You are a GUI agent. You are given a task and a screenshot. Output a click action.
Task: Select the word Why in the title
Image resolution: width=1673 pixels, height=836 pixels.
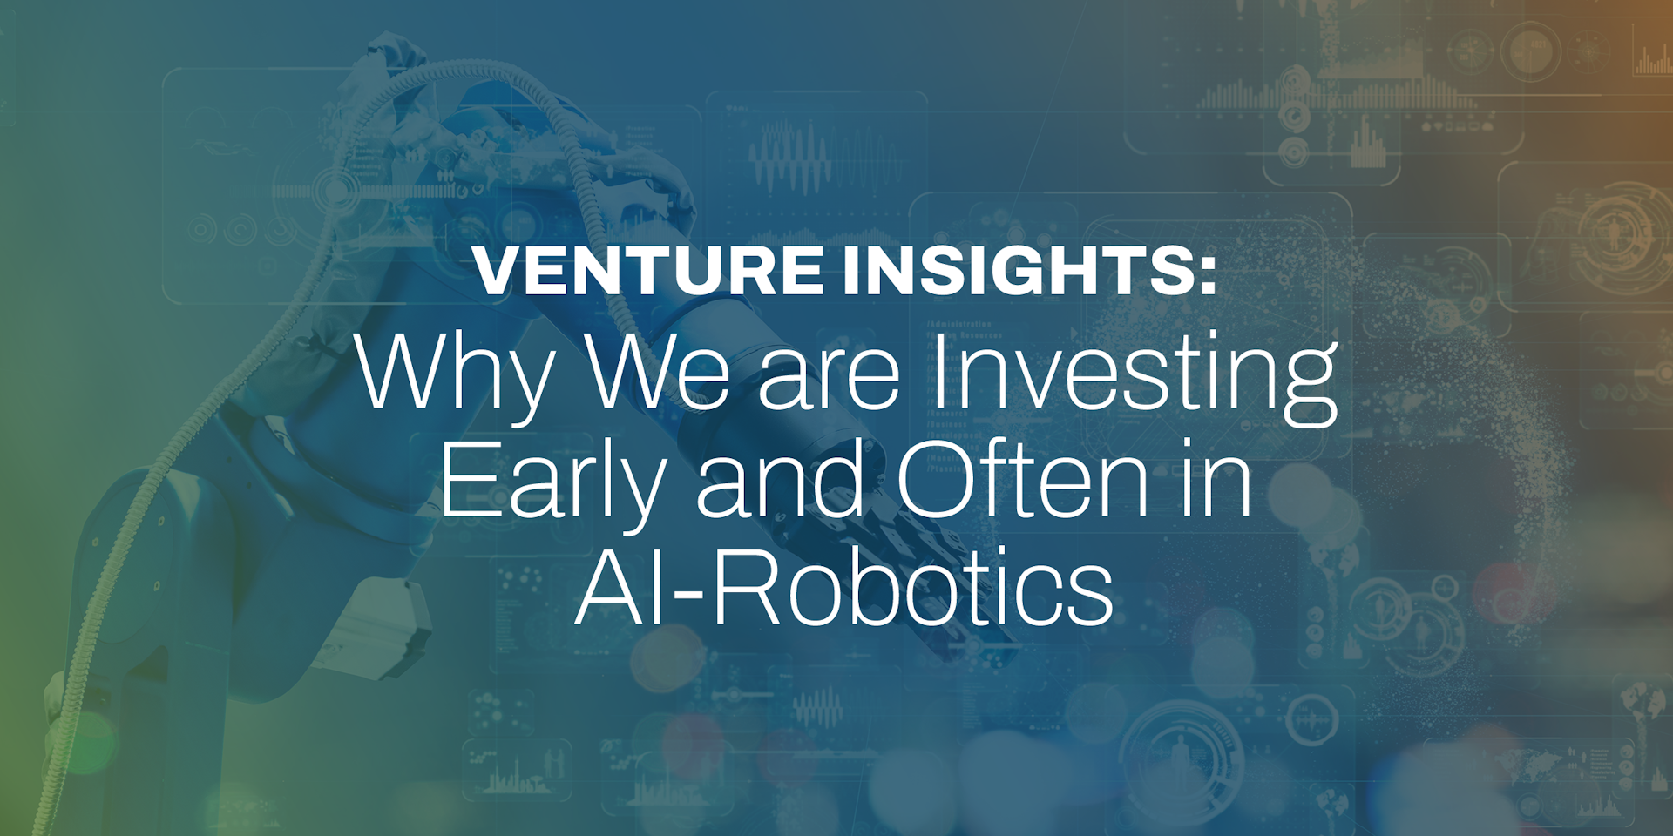tap(454, 374)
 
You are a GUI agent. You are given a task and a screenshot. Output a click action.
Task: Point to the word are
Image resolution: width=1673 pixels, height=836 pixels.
tap(829, 379)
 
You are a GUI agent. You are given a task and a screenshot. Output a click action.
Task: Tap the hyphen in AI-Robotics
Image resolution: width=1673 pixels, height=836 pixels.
tap(688, 597)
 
